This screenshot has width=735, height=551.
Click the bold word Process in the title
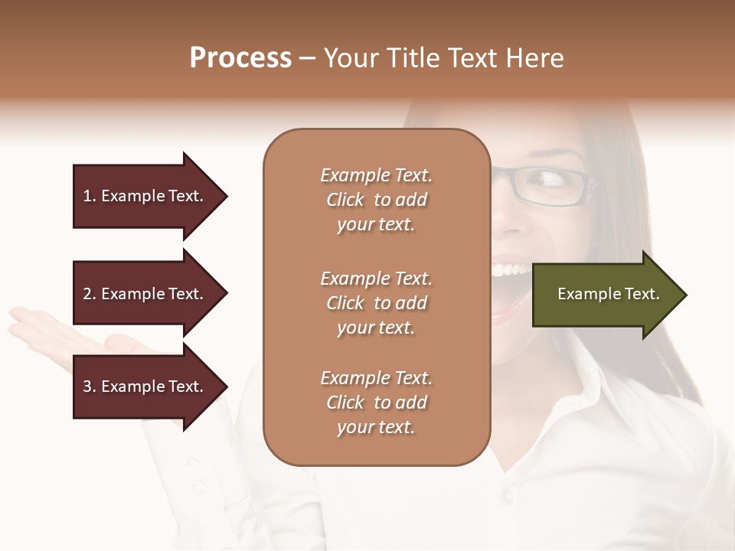240,58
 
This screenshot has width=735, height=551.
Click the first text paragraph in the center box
376,200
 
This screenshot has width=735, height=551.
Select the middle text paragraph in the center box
376,302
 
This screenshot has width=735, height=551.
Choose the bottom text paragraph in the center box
376,403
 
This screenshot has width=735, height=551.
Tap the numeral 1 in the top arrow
87,196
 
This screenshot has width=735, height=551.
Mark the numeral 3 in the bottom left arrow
87,386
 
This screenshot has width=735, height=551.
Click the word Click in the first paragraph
345,200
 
